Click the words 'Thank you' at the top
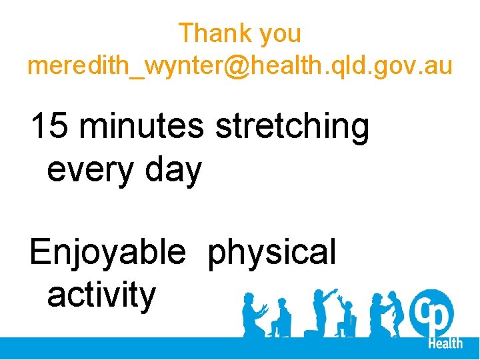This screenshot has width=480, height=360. coord(239,33)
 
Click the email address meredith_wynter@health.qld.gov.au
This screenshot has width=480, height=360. coord(239,66)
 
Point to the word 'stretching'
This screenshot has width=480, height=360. coord(291,128)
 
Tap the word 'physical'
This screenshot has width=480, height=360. coord(271,253)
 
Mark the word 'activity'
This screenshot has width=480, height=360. coord(101,295)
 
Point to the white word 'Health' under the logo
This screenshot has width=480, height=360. coord(445,343)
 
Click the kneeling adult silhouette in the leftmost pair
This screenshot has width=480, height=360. coord(253,313)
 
